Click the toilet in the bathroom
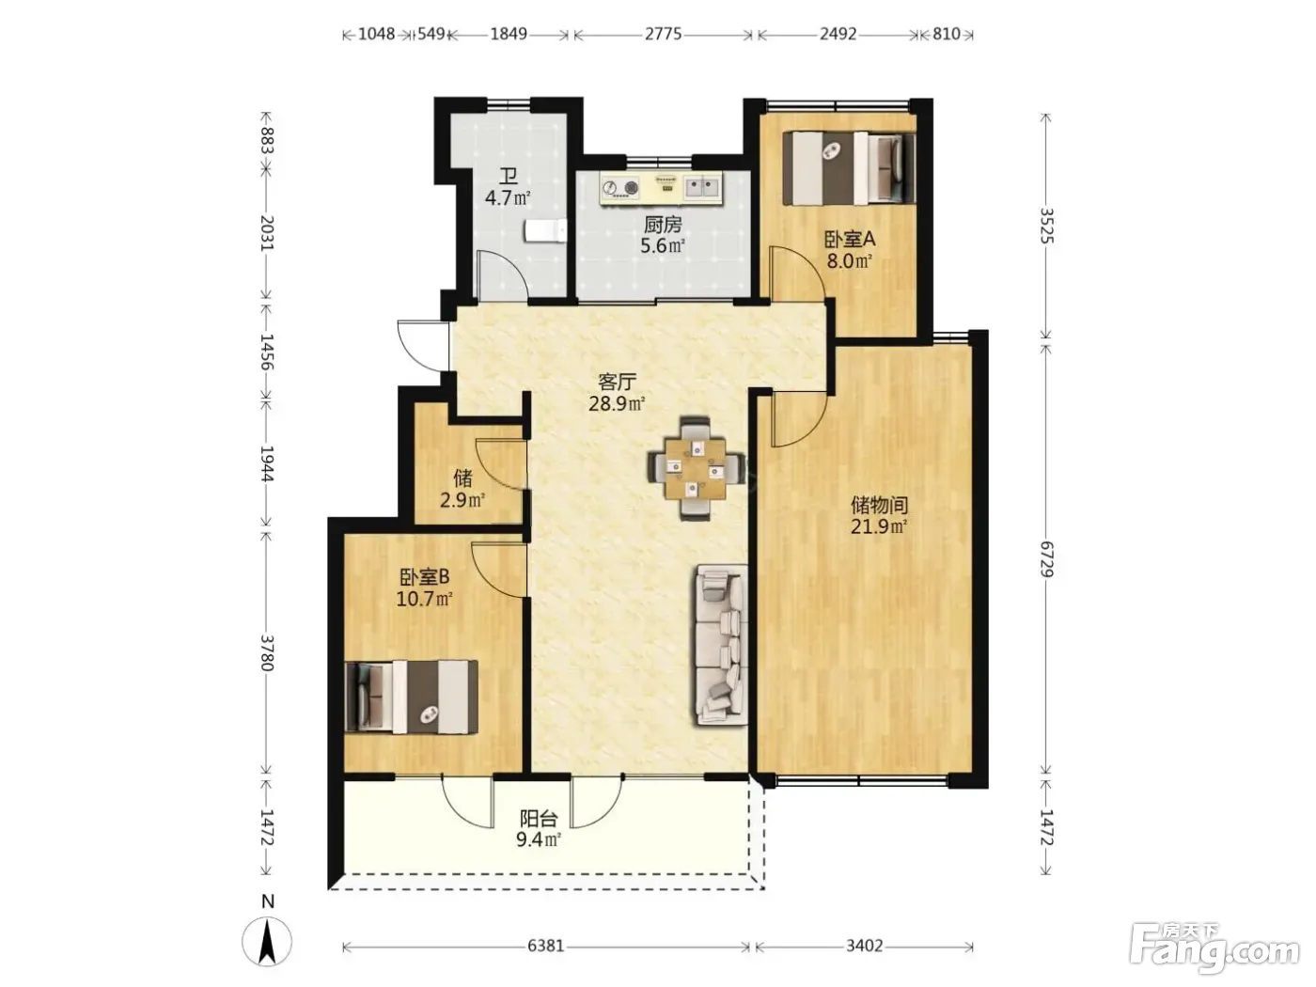(545, 230)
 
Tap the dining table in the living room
(696, 468)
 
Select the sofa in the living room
(721, 644)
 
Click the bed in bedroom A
(849, 168)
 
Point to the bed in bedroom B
(412, 697)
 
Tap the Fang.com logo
(1215, 953)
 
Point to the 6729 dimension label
(1046, 559)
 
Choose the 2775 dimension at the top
(663, 34)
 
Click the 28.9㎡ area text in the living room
(617, 403)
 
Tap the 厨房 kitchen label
(663, 226)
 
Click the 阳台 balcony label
(539, 818)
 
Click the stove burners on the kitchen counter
(619, 188)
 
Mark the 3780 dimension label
(267, 652)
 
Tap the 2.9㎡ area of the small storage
(462, 500)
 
